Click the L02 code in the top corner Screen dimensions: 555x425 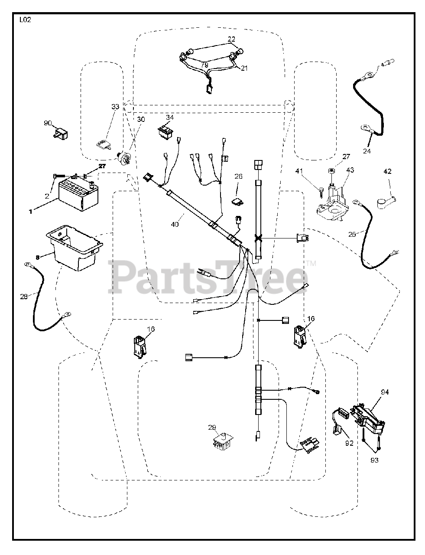pos(25,20)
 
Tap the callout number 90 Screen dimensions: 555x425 pos(48,123)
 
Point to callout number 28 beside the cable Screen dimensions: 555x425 pos(24,296)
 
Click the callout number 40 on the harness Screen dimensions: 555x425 pos(175,224)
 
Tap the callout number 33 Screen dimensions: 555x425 pos(115,107)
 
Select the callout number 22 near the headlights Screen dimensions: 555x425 pos(232,39)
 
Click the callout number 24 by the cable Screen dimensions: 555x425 pos(367,151)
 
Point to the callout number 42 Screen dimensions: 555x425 pos(387,171)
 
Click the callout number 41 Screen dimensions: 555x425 pos(311,171)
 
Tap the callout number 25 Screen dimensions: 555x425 pos(352,234)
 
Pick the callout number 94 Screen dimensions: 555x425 pos(385,392)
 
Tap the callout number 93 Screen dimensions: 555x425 pos(374,460)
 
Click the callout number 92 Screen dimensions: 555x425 pos(349,443)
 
